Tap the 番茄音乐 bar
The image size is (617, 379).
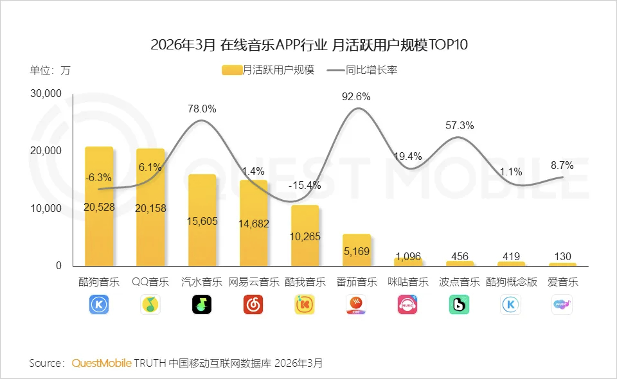(x=356, y=250)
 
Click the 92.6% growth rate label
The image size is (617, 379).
(x=357, y=97)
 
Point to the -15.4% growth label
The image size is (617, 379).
(x=304, y=185)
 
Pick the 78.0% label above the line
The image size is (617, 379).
(x=202, y=109)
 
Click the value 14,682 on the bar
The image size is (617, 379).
(x=253, y=224)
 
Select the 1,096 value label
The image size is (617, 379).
(x=407, y=256)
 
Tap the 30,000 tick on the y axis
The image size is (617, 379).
(x=46, y=94)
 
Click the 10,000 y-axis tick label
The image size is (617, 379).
(x=46, y=209)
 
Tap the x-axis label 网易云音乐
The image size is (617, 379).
(x=253, y=282)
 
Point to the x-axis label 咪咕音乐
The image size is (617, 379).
(x=407, y=282)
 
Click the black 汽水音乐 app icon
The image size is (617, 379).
(x=202, y=304)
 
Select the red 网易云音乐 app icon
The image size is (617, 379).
(x=253, y=304)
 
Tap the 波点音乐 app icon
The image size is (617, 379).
(x=459, y=304)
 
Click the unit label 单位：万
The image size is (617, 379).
(x=50, y=71)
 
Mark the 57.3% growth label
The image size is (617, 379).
(x=460, y=126)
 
